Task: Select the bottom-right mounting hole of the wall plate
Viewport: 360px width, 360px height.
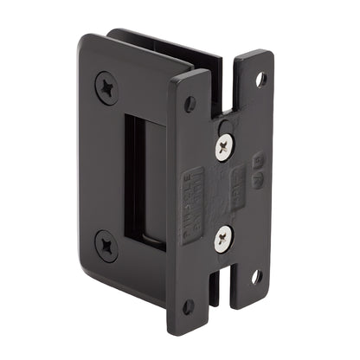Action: tap(256, 277)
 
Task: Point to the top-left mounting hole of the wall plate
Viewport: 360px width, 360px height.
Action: tap(190, 103)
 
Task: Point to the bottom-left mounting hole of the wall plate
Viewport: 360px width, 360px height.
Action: tap(188, 305)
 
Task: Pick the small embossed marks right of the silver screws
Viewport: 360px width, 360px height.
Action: tap(256, 169)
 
